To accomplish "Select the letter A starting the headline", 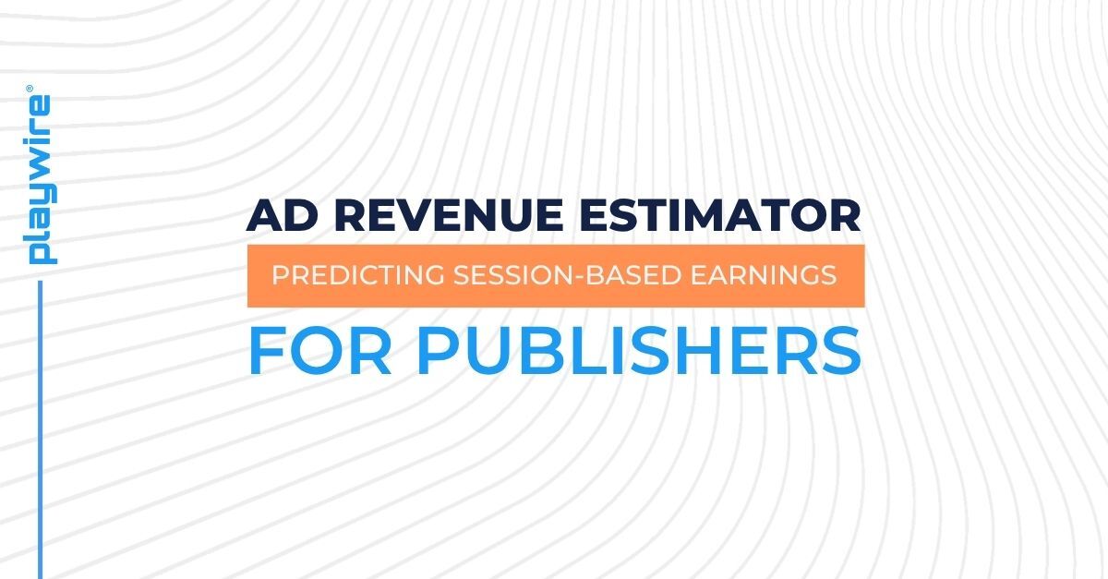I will [x=263, y=216].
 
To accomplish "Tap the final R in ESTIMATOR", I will [x=846, y=216].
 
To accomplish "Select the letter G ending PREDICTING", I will [x=415, y=275].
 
